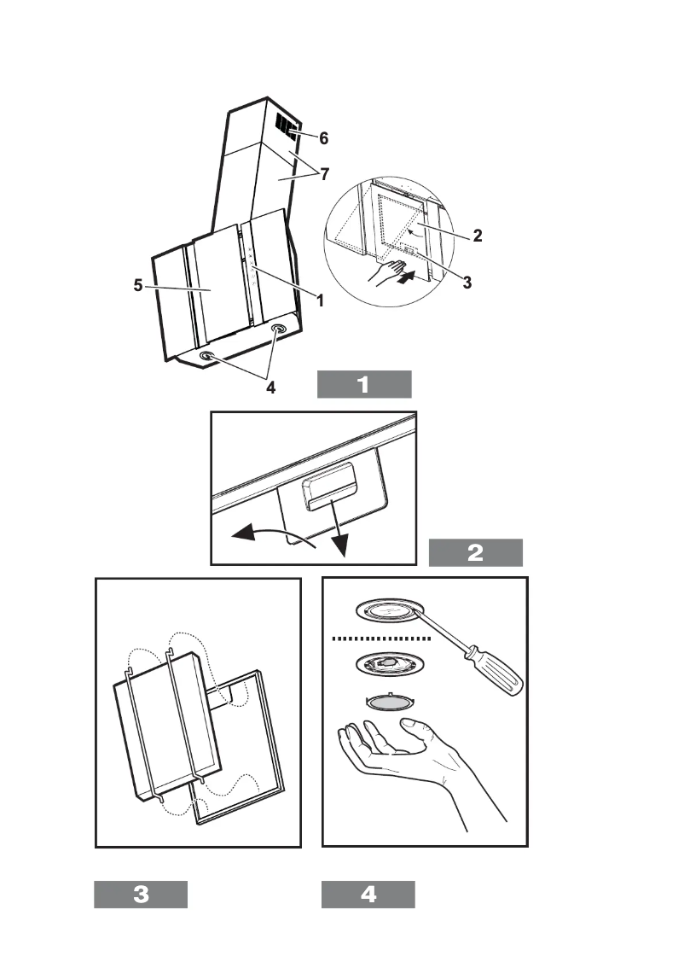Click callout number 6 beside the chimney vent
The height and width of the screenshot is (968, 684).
[323, 138]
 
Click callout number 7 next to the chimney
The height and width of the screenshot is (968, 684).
[324, 174]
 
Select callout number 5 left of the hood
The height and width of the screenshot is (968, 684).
[138, 285]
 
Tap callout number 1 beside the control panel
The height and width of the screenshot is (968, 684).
[320, 300]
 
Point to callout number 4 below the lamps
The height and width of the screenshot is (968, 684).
[270, 388]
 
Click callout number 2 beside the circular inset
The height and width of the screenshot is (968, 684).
[478, 236]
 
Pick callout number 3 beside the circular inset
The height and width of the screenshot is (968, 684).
[467, 283]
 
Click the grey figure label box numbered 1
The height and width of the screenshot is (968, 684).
[364, 385]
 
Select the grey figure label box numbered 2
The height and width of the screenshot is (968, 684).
[476, 552]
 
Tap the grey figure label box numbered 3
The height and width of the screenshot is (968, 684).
[141, 894]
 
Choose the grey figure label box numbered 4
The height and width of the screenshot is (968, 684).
[368, 894]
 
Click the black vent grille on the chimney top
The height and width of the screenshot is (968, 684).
[287, 126]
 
